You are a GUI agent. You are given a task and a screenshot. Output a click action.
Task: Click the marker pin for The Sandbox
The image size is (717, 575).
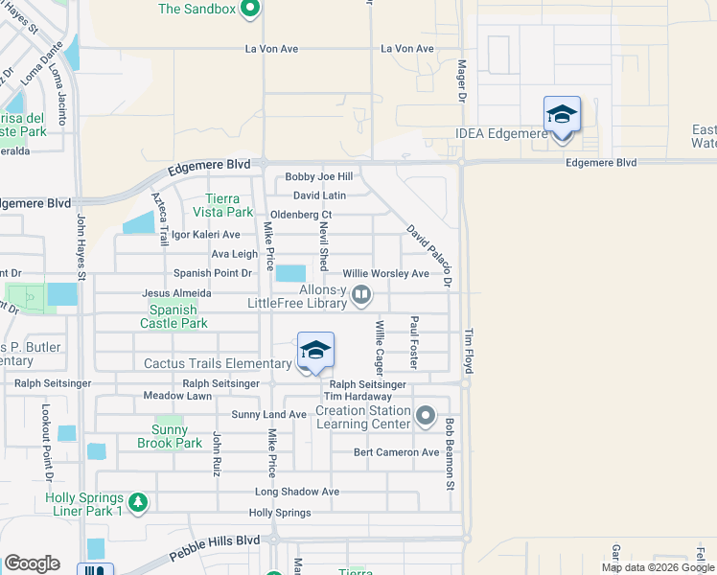[250, 11]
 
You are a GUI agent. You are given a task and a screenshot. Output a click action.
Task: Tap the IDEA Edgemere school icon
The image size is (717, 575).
[562, 116]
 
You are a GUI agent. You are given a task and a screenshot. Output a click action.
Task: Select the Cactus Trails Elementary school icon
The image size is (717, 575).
[315, 352]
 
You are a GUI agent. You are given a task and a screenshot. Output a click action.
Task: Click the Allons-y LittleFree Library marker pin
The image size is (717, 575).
[361, 295]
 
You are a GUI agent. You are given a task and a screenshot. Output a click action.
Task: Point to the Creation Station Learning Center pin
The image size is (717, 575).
[427, 417]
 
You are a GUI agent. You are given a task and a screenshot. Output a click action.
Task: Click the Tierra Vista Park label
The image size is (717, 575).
[221, 205]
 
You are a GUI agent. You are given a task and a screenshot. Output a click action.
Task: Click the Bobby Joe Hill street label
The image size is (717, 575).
[319, 176]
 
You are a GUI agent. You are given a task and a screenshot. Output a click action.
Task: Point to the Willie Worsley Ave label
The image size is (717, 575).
[385, 273]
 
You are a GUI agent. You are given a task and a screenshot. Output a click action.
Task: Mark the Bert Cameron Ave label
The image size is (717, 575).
[396, 452]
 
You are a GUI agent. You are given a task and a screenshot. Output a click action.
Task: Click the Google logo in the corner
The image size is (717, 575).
[32, 563]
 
